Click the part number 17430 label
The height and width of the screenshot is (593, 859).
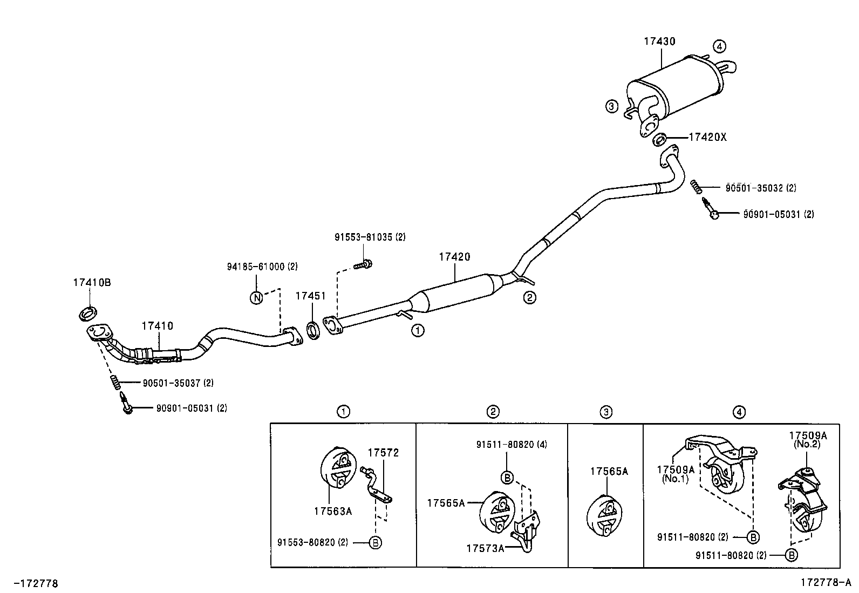(659, 42)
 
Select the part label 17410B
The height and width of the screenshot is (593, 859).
(92, 282)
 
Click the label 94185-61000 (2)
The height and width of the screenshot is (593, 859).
(262, 266)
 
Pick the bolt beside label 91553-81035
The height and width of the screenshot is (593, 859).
(364, 264)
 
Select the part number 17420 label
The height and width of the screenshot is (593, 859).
(454, 257)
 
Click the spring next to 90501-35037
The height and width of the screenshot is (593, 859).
(115, 383)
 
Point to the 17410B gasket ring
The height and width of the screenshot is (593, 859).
(88, 312)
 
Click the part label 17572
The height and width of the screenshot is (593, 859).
(383, 453)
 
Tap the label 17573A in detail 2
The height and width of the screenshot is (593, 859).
(485, 548)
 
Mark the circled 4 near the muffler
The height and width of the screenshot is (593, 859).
(719, 46)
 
